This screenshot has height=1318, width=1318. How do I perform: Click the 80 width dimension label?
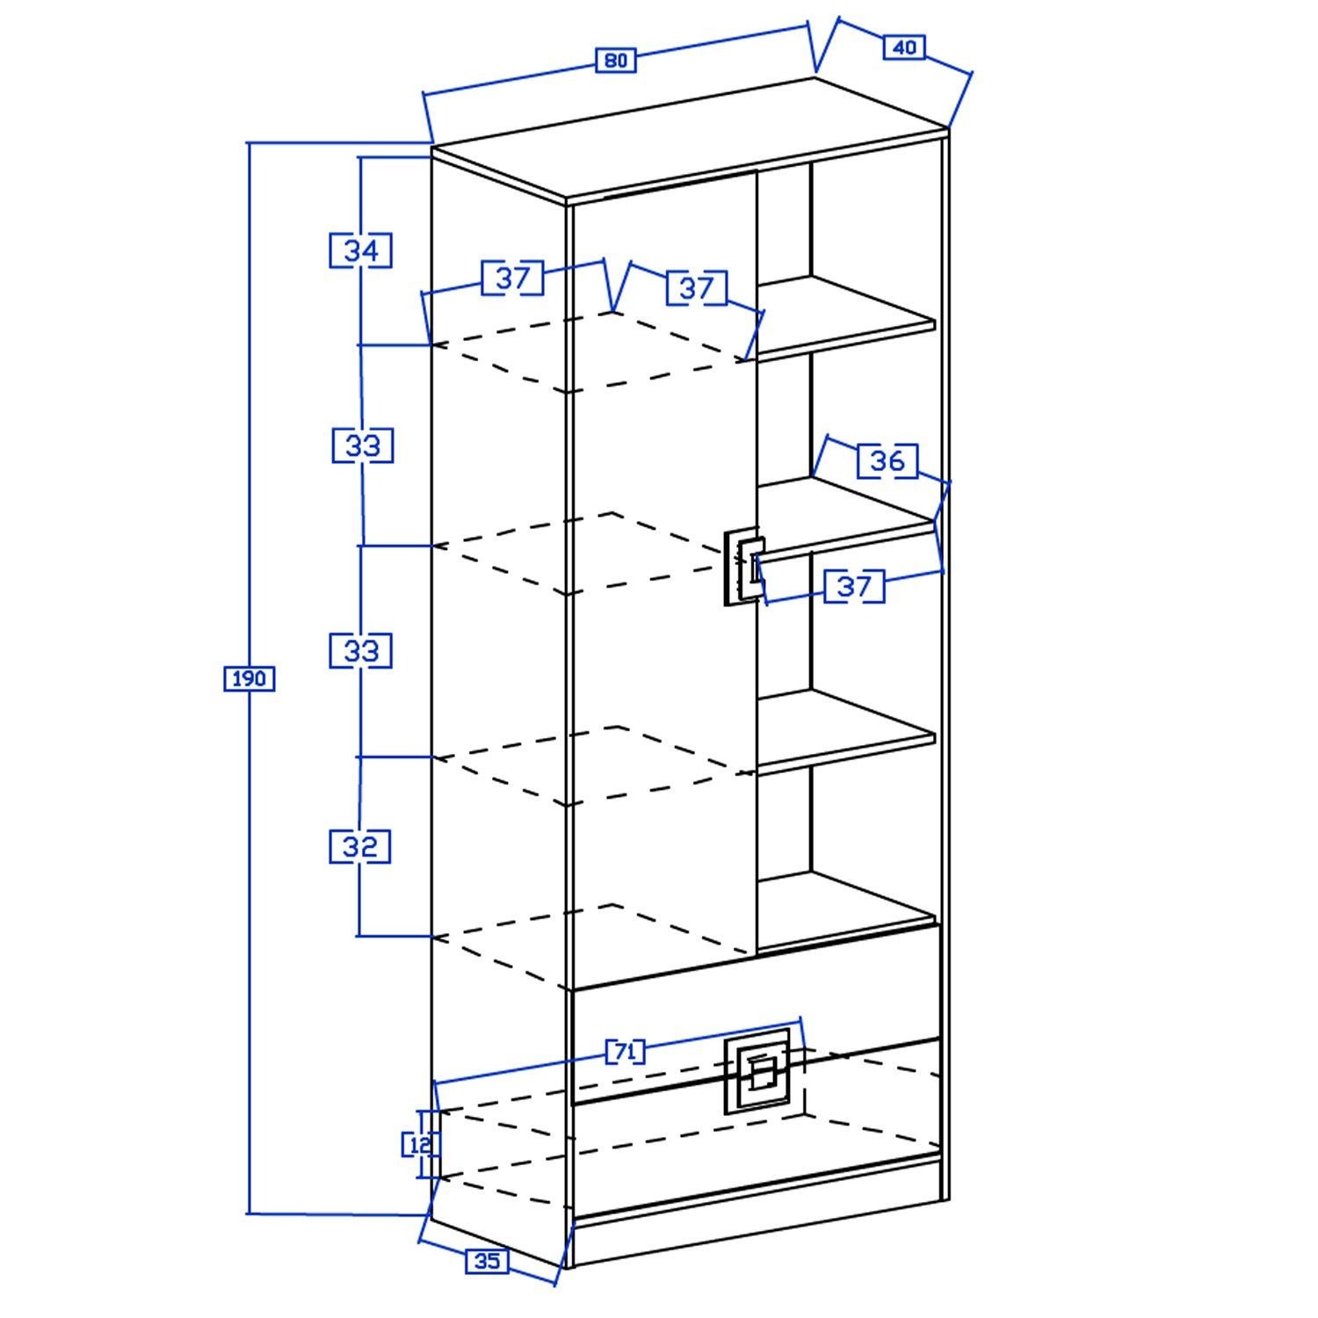(616, 61)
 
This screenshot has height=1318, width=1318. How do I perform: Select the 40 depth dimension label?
(904, 47)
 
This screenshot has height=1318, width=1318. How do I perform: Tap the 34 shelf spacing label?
(360, 250)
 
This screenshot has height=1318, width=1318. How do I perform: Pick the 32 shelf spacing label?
(360, 847)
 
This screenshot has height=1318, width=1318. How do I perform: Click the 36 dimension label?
(887, 460)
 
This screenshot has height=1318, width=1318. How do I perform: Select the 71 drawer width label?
(625, 1052)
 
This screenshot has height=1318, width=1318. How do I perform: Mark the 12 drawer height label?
(419, 1144)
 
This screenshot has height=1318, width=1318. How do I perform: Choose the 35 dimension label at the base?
(487, 1262)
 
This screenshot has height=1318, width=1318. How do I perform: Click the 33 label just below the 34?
(362, 445)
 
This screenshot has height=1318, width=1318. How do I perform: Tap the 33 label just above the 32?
(360, 651)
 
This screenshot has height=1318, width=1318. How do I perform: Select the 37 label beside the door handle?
(853, 586)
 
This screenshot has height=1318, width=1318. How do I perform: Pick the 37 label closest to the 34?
(513, 278)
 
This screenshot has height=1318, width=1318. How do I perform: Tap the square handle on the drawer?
(757, 1072)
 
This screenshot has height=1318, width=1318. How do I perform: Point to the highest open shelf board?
(845, 318)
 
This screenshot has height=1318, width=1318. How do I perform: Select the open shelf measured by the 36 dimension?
(845, 518)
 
